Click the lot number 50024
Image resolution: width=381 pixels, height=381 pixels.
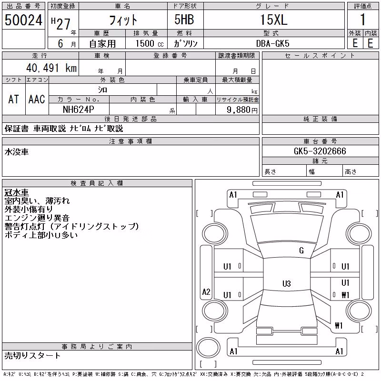click(23, 20)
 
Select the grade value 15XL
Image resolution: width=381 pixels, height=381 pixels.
click(274, 20)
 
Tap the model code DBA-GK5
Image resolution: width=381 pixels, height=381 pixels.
click(272, 43)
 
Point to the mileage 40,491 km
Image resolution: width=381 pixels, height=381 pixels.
click(51, 68)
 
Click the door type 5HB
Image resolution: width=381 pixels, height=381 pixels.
click(184, 19)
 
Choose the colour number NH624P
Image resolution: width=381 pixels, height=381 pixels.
click(78, 110)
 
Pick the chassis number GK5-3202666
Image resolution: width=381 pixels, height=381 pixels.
click(320, 151)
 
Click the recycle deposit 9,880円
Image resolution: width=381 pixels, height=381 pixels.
click(242, 110)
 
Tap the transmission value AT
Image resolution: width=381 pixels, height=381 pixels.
click(14, 99)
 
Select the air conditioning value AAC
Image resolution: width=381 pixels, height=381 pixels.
click(37, 99)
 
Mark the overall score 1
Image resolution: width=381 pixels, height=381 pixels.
click(362, 20)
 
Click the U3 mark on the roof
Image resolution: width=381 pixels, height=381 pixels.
click(287, 283)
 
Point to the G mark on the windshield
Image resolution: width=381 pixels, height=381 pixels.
click(301, 251)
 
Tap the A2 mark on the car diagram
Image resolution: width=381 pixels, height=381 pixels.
click(206, 291)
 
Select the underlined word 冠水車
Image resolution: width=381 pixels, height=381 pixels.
click(17, 192)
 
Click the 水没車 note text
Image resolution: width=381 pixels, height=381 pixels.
click(17, 152)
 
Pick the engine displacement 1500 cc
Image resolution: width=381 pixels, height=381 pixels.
click(150, 44)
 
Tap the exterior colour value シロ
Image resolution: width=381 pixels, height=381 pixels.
click(102, 90)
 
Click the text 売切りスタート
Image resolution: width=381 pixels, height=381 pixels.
click(32, 355)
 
